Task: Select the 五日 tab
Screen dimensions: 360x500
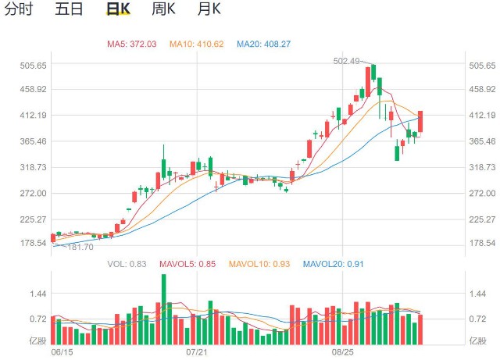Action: tap(69, 10)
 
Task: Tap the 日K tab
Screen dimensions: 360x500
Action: tap(117, 10)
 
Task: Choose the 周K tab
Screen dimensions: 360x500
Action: tap(162, 10)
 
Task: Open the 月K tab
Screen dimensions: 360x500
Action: tap(209, 10)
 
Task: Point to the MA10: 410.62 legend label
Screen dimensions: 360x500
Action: tap(197, 44)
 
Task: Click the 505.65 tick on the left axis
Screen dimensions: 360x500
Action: tap(34, 66)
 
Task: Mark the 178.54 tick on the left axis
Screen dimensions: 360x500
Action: tap(34, 244)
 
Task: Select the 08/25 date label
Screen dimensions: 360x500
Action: tap(343, 353)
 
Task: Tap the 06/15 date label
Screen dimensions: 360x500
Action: tap(60, 353)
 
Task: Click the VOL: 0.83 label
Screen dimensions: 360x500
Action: tap(127, 264)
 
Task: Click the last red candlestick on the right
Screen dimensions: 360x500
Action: tap(420, 121)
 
